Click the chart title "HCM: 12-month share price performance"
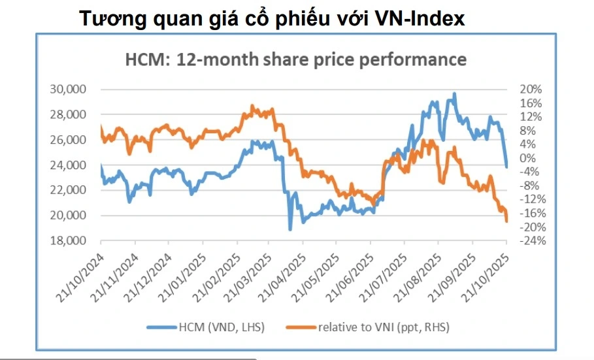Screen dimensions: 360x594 point(295,59)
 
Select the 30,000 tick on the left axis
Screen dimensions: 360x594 point(68,90)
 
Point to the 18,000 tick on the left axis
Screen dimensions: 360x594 point(68,241)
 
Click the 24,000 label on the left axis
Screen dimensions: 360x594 point(68,165)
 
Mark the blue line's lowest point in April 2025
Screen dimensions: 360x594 point(290,229)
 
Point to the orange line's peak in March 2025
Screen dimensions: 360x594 point(252,106)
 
